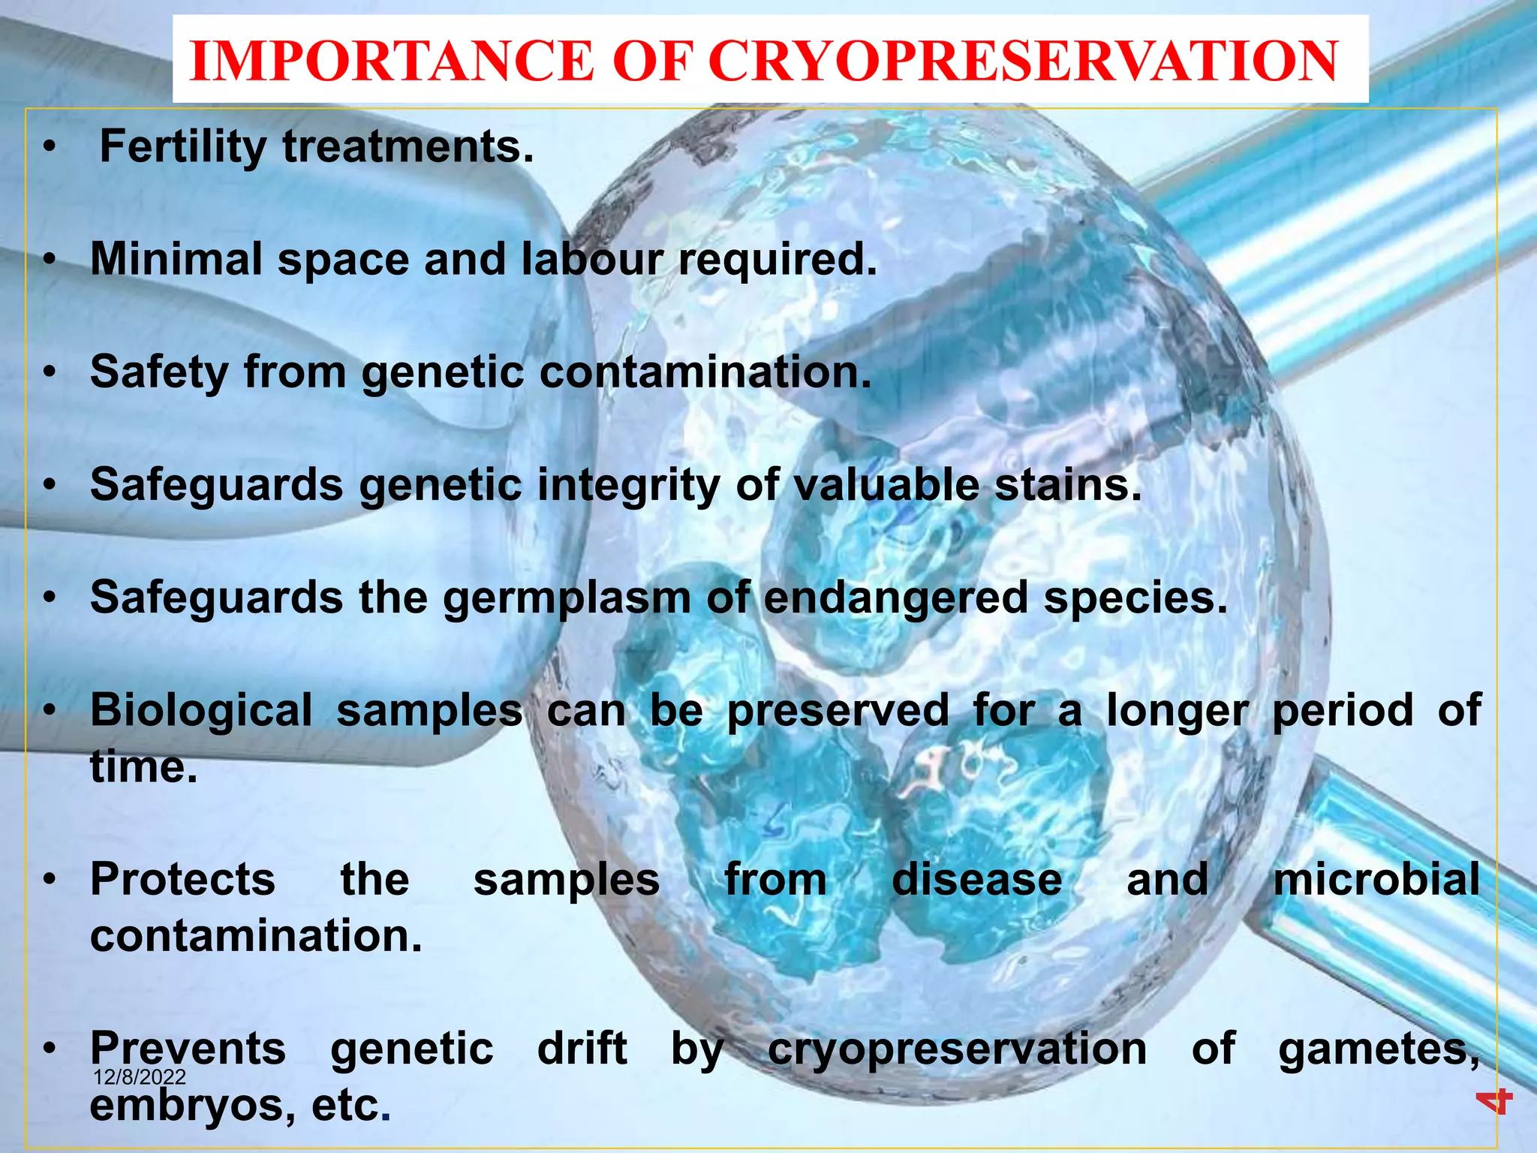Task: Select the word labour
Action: click(592, 260)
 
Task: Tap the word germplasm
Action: click(567, 598)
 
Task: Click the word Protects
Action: click(183, 880)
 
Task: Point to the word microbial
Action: click(1376, 880)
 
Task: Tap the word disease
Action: click(976, 880)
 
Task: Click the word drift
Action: click(582, 1049)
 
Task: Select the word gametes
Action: click(1378, 1050)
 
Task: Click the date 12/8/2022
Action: click(140, 1078)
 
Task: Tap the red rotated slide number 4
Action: click(1493, 1101)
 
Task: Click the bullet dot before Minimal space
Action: click(50, 260)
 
